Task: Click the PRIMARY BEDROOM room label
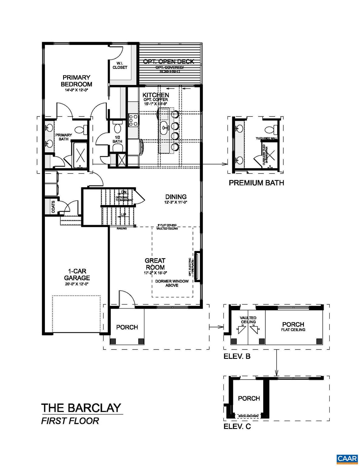(x=76, y=81)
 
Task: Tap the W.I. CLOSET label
(x=120, y=65)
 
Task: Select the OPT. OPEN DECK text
(x=169, y=62)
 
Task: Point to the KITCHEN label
(x=156, y=95)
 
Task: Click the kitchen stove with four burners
(x=133, y=120)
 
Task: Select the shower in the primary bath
(x=80, y=155)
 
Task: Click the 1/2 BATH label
(x=117, y=139)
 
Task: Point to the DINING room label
(x=176, y=197)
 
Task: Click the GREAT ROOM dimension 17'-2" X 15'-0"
(x=155, y=273)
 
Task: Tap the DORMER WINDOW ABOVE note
(x=172, y=283)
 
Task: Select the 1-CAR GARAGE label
(x=77, y=274)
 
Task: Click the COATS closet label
(x=53, y=207)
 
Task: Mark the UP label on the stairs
(x=123, y=215)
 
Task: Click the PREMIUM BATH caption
(x=256, y=183)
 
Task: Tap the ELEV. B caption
(x=237, y=356)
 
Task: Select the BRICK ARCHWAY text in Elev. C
(x=248, y=416)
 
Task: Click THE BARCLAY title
(x=81, y=408)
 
